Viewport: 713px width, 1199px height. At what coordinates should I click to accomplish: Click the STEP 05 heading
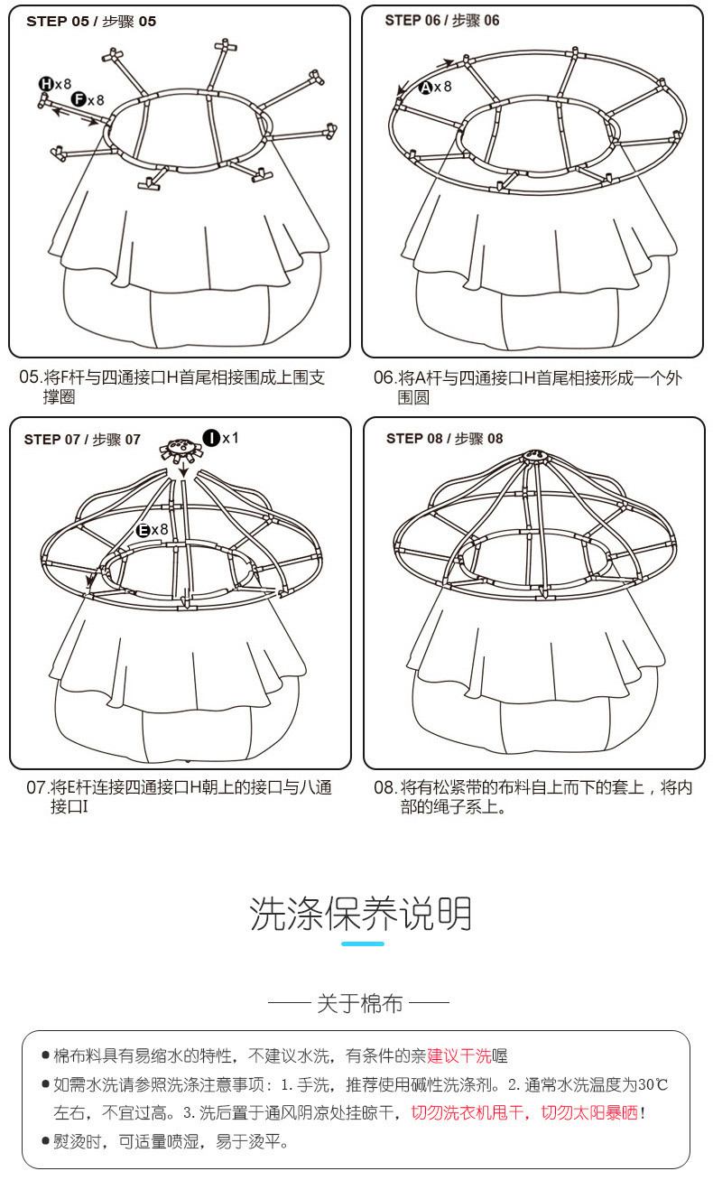91,22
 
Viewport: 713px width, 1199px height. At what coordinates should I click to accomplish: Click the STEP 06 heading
442,21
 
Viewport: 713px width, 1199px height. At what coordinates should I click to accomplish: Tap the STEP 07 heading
82,440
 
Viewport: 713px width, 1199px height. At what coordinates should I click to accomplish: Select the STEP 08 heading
444,439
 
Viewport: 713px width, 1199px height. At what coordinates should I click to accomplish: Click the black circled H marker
45,83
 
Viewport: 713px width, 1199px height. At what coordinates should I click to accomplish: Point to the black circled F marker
79,99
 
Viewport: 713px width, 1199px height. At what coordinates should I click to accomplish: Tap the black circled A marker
425,88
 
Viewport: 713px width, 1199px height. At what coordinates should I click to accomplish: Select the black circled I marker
212,438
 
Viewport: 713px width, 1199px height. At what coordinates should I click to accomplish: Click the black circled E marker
143,531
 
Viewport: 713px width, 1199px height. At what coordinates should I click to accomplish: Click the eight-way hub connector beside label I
182,450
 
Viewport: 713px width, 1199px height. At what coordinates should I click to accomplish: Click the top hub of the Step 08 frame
535,456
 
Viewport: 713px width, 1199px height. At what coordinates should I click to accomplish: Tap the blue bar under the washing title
363,943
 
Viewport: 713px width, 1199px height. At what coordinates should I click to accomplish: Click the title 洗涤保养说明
361,913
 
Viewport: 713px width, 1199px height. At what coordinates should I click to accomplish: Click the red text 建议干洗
458,1055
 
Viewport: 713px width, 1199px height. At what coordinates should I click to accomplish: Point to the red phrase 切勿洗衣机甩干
467,1113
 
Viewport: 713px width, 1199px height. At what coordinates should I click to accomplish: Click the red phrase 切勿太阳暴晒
589,1113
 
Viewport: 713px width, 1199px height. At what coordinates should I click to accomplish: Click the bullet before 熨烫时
45,1140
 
